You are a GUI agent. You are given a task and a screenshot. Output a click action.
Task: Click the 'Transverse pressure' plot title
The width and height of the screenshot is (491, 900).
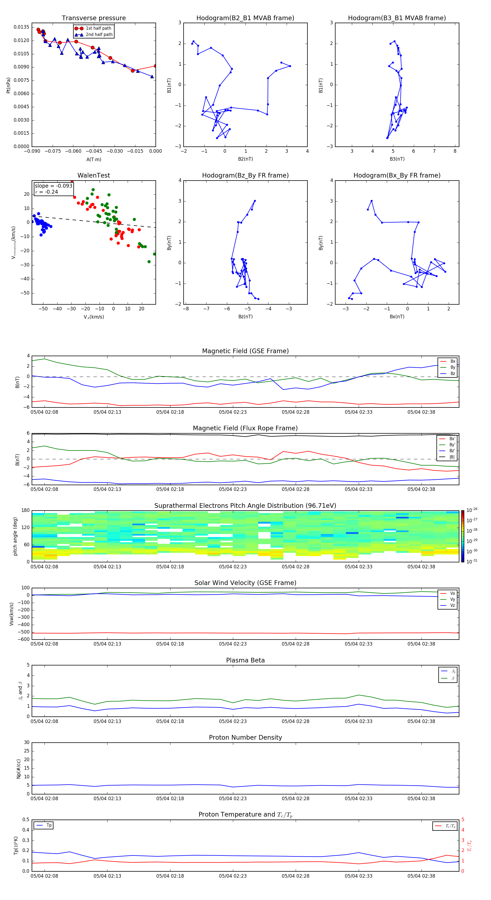[x=94, y=18]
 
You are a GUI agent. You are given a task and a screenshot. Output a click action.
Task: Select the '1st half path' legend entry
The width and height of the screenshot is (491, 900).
[x=98, y=28]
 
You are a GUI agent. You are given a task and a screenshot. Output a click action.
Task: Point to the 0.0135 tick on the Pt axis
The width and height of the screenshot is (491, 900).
[x=21, y=27]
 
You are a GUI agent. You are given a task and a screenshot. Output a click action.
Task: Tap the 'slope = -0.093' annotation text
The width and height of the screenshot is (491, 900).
[x=53, y=186]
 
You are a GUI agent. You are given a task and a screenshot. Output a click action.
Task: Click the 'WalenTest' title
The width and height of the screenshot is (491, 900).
[x=94, y=175]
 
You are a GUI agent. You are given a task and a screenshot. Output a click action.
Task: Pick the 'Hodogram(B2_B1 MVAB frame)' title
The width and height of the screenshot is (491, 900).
[x=245, y=18]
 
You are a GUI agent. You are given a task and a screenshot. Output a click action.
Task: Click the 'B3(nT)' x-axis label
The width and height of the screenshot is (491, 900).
[x=397, y=159]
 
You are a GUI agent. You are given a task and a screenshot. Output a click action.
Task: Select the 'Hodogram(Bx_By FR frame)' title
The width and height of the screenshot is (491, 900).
[x=397, y=175]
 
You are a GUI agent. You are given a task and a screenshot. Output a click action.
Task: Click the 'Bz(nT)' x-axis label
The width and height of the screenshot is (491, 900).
[x=245, y=317]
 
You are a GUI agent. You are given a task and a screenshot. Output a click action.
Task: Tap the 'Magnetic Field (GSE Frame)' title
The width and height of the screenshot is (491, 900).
[x=245, y=351]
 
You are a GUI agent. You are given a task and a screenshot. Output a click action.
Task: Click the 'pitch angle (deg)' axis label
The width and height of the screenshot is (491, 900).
[x=15, y=536]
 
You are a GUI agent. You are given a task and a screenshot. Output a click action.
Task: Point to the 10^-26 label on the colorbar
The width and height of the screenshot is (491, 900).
[x=472, y=510]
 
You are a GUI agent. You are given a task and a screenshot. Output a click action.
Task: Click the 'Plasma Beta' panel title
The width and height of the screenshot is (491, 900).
[x=245, y=660]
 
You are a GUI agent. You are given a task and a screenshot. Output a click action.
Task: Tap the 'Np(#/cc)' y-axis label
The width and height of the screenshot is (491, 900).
[x=19, y=768]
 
